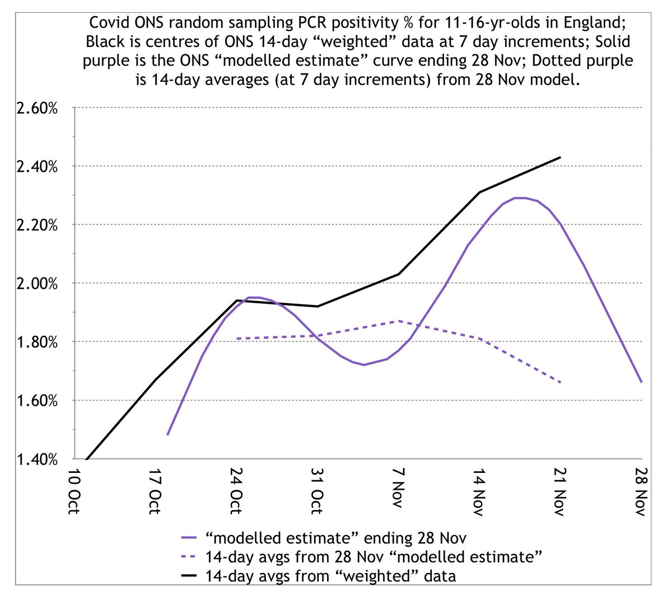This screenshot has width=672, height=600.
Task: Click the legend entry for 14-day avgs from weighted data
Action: (330, 575)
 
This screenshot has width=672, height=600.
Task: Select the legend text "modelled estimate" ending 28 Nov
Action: (336, 538)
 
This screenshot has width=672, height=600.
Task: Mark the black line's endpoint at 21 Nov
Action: (560, 157)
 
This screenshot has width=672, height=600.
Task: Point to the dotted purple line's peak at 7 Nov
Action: (398, 321)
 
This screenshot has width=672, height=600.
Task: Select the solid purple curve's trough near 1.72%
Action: (364, 365)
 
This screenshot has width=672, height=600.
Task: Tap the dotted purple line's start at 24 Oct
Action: (237, 339)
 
